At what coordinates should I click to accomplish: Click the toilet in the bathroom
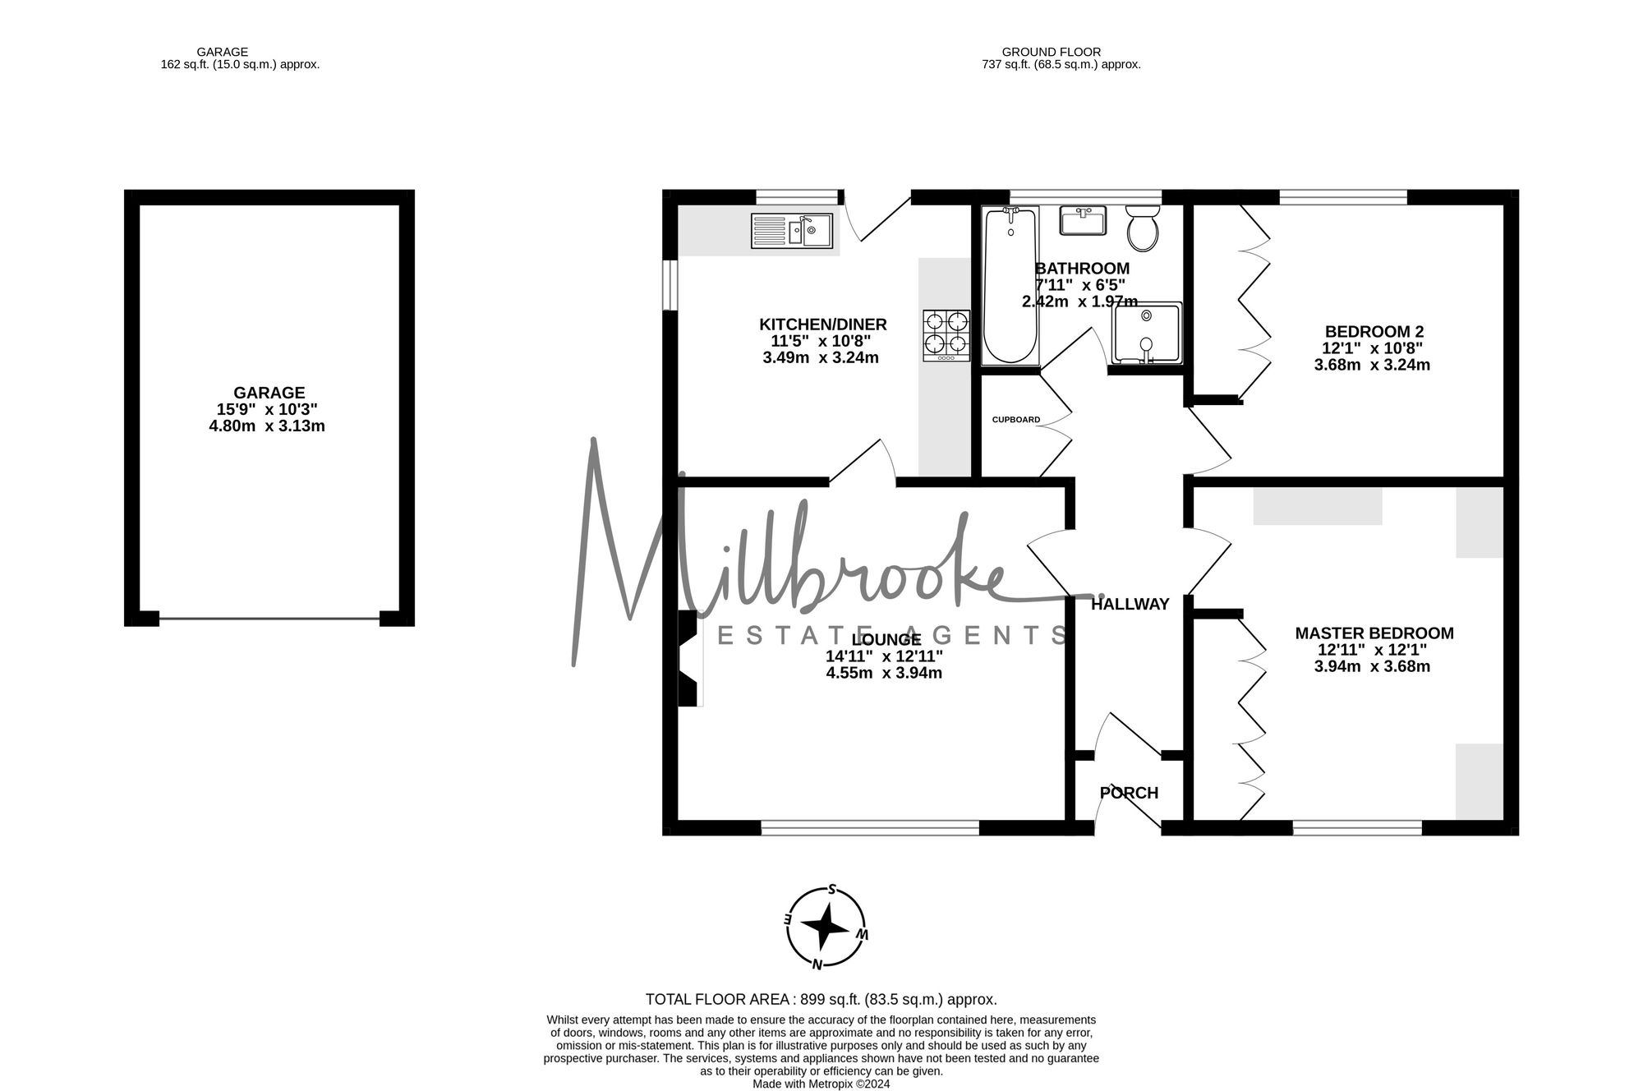[1142, 228]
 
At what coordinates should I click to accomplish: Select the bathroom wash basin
[1083, 219]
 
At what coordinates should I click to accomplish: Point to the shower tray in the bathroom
[1147, 333]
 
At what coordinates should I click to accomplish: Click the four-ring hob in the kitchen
[946, 335]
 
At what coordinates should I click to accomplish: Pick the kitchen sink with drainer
[792, 231]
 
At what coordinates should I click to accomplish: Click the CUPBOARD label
[1016, 420]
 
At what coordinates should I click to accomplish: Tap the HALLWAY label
[1130, 605]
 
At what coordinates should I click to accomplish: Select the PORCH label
[1129, 793]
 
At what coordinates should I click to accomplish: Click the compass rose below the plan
[826, 927]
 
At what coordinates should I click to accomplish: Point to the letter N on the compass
[817, 964]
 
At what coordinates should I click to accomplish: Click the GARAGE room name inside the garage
[269, 393]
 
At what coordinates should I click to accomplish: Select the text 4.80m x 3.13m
[267, 426]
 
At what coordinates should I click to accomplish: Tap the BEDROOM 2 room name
[1374, 332]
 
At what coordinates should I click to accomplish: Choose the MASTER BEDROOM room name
[1374, 633]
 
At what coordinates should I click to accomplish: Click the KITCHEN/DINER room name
[823, 325]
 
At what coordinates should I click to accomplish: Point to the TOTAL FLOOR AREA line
[821, 1000]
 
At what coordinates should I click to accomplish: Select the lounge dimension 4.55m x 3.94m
[884, 674]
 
